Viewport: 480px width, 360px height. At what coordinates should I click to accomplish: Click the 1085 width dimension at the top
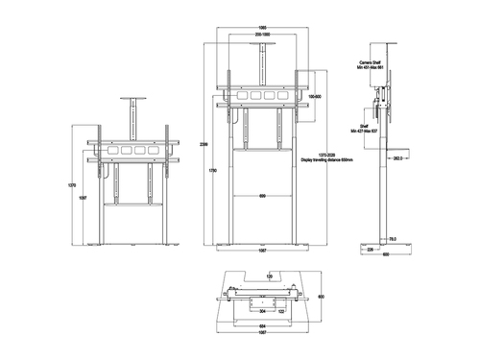click(262, 27)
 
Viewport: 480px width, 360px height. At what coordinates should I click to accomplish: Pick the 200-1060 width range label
click(262, 36)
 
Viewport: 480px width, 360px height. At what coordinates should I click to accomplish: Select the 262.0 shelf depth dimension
click(396, 161)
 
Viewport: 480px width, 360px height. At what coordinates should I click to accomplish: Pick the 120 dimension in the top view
click(270, 274)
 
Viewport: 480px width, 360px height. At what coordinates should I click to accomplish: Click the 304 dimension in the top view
click(262, 311)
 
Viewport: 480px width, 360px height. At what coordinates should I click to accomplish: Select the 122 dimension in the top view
click(282, 311)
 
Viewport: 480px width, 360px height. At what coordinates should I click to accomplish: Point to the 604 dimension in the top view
click(262, 327)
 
